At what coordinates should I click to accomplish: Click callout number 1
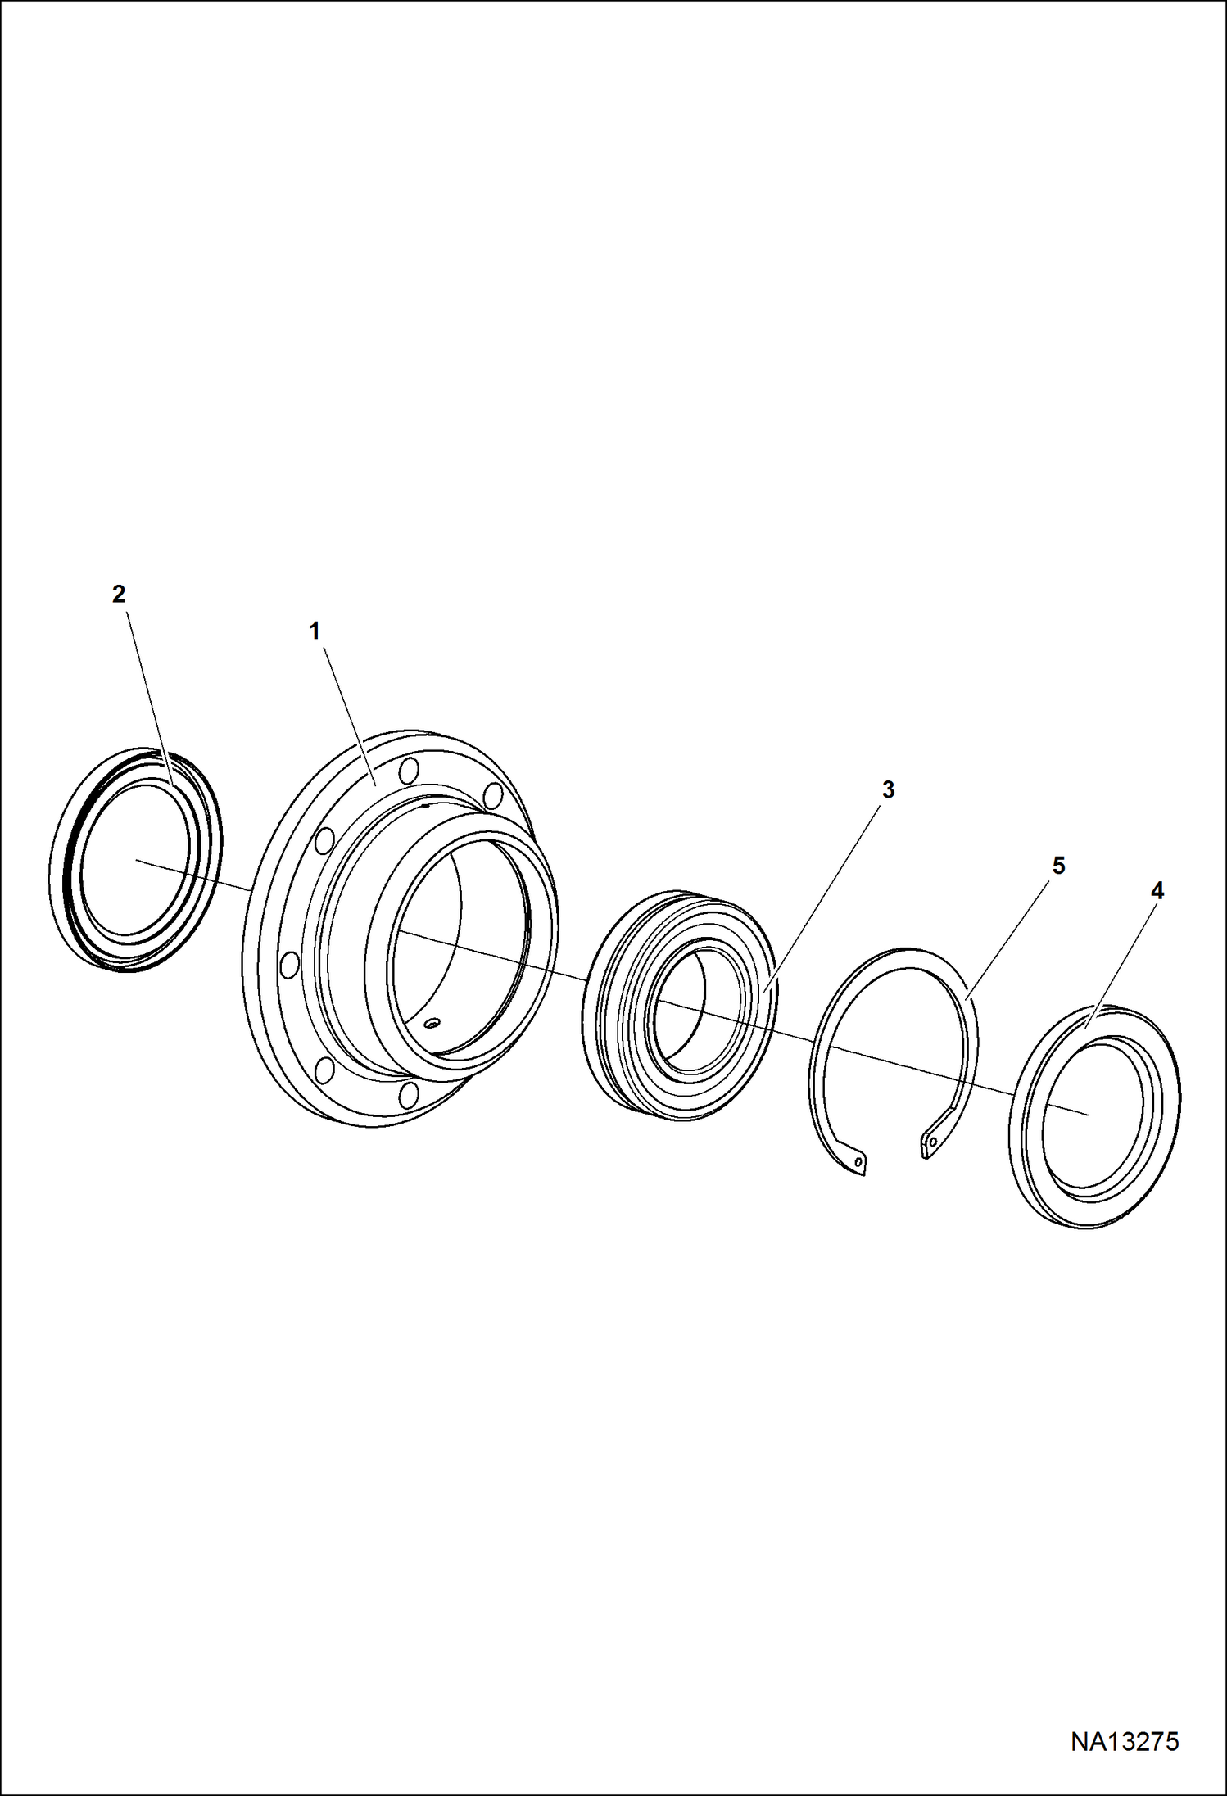pos(314,631)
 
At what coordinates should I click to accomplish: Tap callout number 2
pos(119,595)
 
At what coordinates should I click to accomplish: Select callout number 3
pos(888,789)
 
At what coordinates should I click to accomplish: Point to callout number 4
pos(1157,891)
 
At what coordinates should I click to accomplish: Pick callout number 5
pos(1058,866)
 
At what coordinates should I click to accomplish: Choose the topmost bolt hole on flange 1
pos(410,771)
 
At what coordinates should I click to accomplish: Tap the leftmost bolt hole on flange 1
pos(288,964)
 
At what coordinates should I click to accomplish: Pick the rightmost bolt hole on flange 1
pos(493,795)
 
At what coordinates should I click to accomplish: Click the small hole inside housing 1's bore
pos(432,1022)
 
